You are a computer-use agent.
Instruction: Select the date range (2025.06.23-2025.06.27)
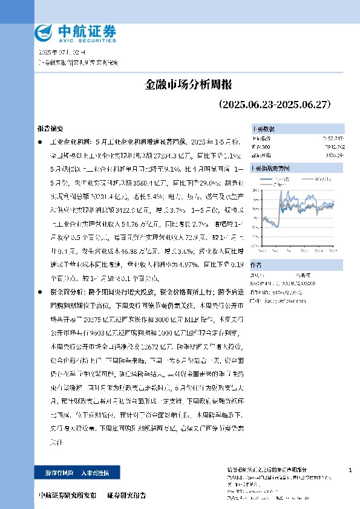pos(273,104)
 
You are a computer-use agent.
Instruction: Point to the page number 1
pos(351,470)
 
